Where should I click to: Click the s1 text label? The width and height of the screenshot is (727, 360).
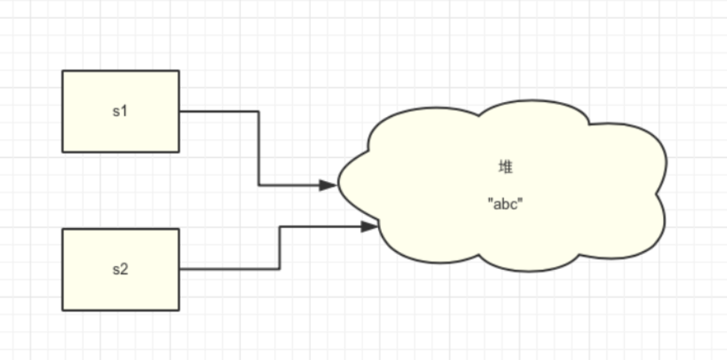click(120, 111)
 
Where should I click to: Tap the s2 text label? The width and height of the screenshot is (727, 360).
click(120, 269)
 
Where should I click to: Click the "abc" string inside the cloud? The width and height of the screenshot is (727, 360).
click(505, 203)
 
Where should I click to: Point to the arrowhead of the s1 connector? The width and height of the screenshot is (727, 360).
click(328, 185)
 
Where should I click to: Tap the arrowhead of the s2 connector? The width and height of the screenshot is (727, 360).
click(370, 226)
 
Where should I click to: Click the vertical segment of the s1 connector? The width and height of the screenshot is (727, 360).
click(259, 148)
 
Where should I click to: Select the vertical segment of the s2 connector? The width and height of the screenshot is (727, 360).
click(280, 247)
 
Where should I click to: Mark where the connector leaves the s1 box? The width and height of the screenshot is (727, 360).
click(180, 112)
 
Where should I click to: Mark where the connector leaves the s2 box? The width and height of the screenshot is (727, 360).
click(180, 269)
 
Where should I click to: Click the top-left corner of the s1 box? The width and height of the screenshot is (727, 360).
click(63, 71)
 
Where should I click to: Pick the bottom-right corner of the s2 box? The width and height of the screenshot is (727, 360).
click(179, 310)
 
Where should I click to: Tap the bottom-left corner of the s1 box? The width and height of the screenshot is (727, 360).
click(63, 152)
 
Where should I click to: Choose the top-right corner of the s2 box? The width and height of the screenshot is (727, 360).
click(179, 229)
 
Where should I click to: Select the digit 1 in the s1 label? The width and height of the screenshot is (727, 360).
click(125, 111)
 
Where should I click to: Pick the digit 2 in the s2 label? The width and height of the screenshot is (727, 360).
click(125, 269)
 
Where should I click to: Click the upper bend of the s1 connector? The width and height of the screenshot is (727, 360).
click(259, 112)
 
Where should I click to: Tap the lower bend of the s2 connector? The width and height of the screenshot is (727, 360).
click(280, 269)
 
